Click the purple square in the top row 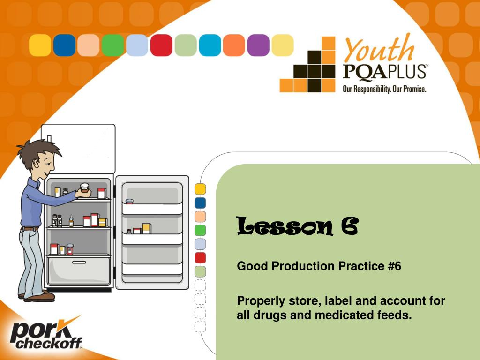pyautogui.click(x=258, y=45)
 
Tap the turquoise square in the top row pyautogui.click(x=210, y=45)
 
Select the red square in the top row pyautogui.click(x=161, y=45)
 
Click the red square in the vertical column pyautogui.click(x=200, y=257)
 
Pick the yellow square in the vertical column pyautogui.click(x=200, y=189)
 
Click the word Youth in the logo pyautogui.click(x=379, y=50)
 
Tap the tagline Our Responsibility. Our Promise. pyautogui.click(x=384, y=89)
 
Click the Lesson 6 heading pyautogui.click(x=297, y=226)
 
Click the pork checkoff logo pyautogui.click(x=45, y=335)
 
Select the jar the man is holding pyautogui.click(x=84, y=188)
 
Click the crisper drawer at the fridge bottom pyautogui.click(x=79, y=270)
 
